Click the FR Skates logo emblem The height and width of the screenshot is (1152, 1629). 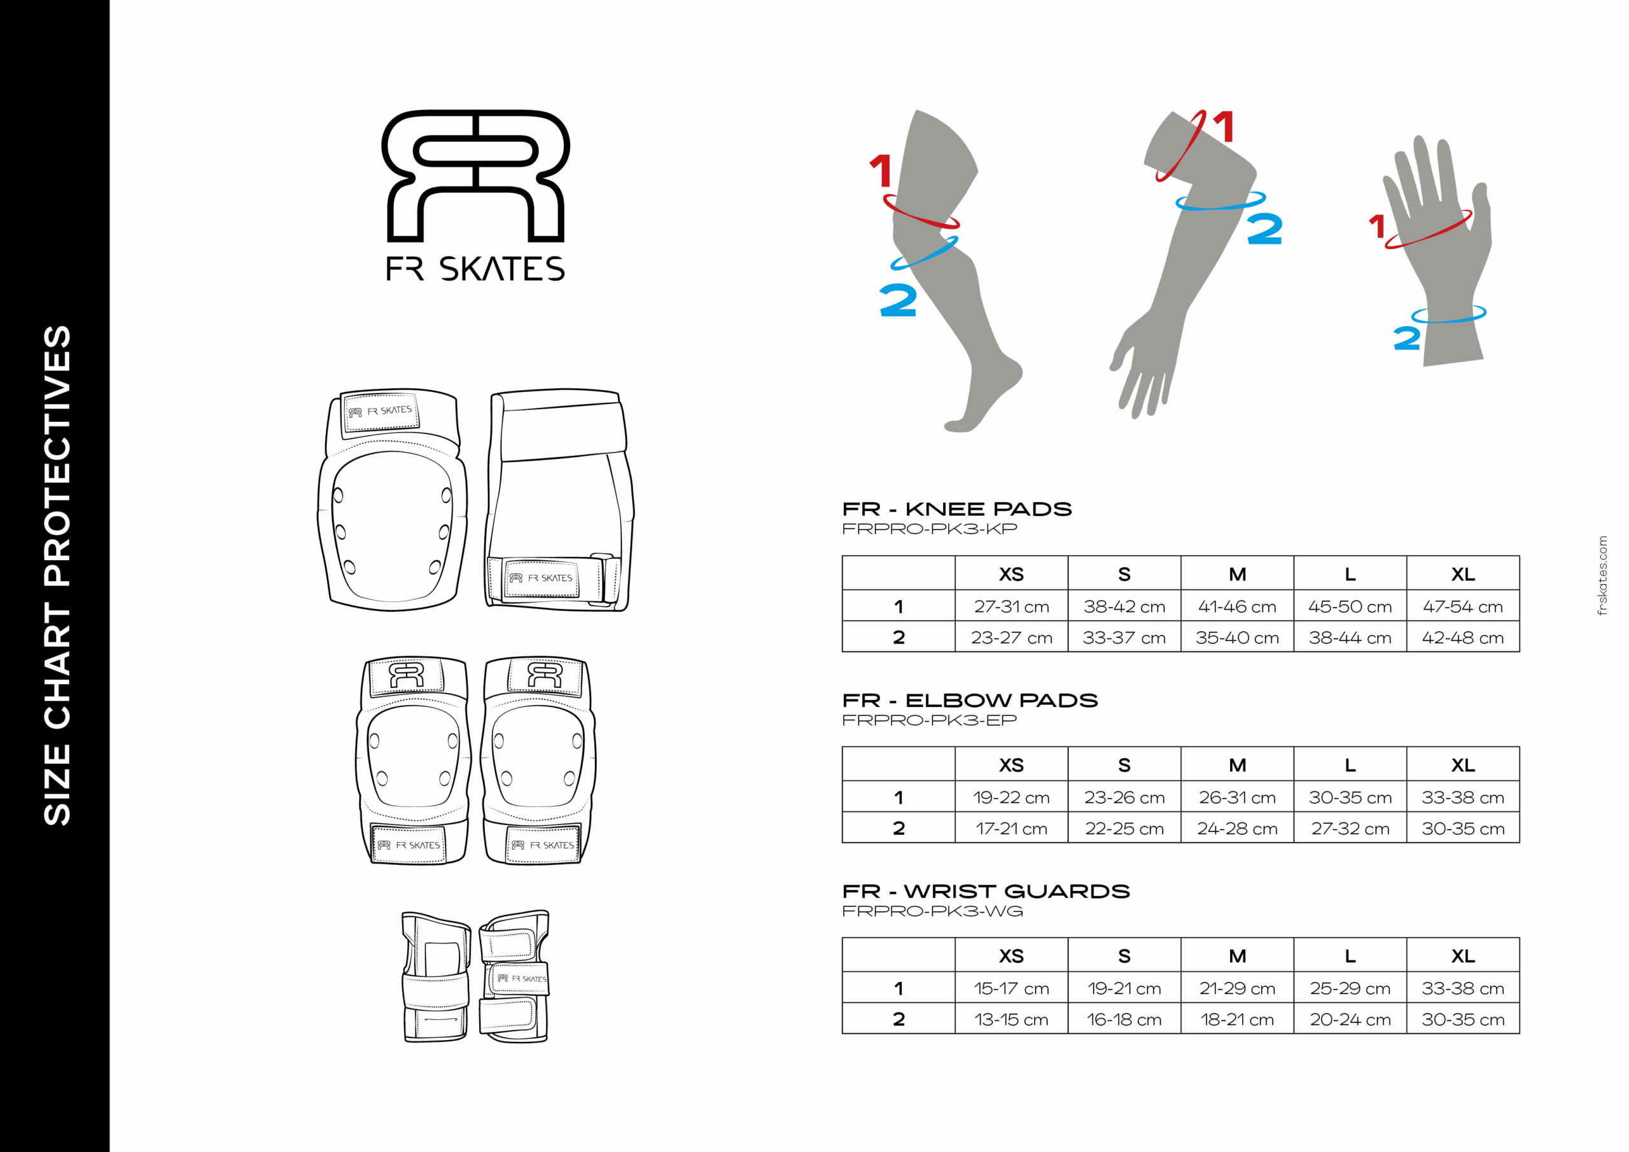[x=475, y=176]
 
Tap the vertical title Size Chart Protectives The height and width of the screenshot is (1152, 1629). [x=57, y=575]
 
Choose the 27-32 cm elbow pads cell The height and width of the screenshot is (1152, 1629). [x=1350, y=828]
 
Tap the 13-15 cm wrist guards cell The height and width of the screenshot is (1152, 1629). [x=1011, y=1019]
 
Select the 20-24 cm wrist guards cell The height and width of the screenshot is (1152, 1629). [x=1350, y=1019]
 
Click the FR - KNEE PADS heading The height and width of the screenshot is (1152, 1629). [x=956, y=509]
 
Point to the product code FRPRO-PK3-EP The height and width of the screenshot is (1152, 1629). [x=930, y=720]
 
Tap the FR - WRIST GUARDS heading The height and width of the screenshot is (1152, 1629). [x=986, y=891]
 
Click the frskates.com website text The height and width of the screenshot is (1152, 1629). [x=1603, y=575]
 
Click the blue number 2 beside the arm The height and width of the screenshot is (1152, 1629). [x=1264, y=229]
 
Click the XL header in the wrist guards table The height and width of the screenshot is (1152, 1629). [x=1462, y=955]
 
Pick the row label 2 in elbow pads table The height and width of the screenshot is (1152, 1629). [x=898, y=828]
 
